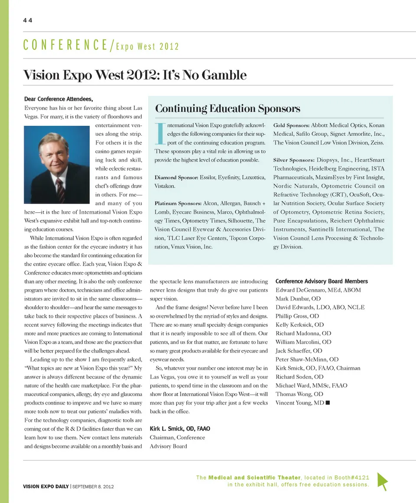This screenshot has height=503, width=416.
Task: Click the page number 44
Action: tap(28, 20)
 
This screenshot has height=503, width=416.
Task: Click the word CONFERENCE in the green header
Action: tap(65, 45)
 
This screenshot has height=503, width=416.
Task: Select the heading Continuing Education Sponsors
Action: tap(227, 108)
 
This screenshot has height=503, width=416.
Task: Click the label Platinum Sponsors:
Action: tap(178, 203)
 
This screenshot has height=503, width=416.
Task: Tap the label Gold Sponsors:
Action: tap(291, 125)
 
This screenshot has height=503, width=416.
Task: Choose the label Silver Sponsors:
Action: tap(293, 160)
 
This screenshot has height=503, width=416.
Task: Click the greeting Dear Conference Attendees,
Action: tap(58, 99)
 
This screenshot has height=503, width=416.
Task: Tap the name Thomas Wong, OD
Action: tap(299, 394)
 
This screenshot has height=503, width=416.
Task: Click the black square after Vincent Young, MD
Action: tap(328, 403)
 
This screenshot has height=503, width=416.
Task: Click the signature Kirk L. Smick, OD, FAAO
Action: tap(180, 428)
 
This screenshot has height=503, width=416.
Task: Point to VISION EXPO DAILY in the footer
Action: tap(46, 487)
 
